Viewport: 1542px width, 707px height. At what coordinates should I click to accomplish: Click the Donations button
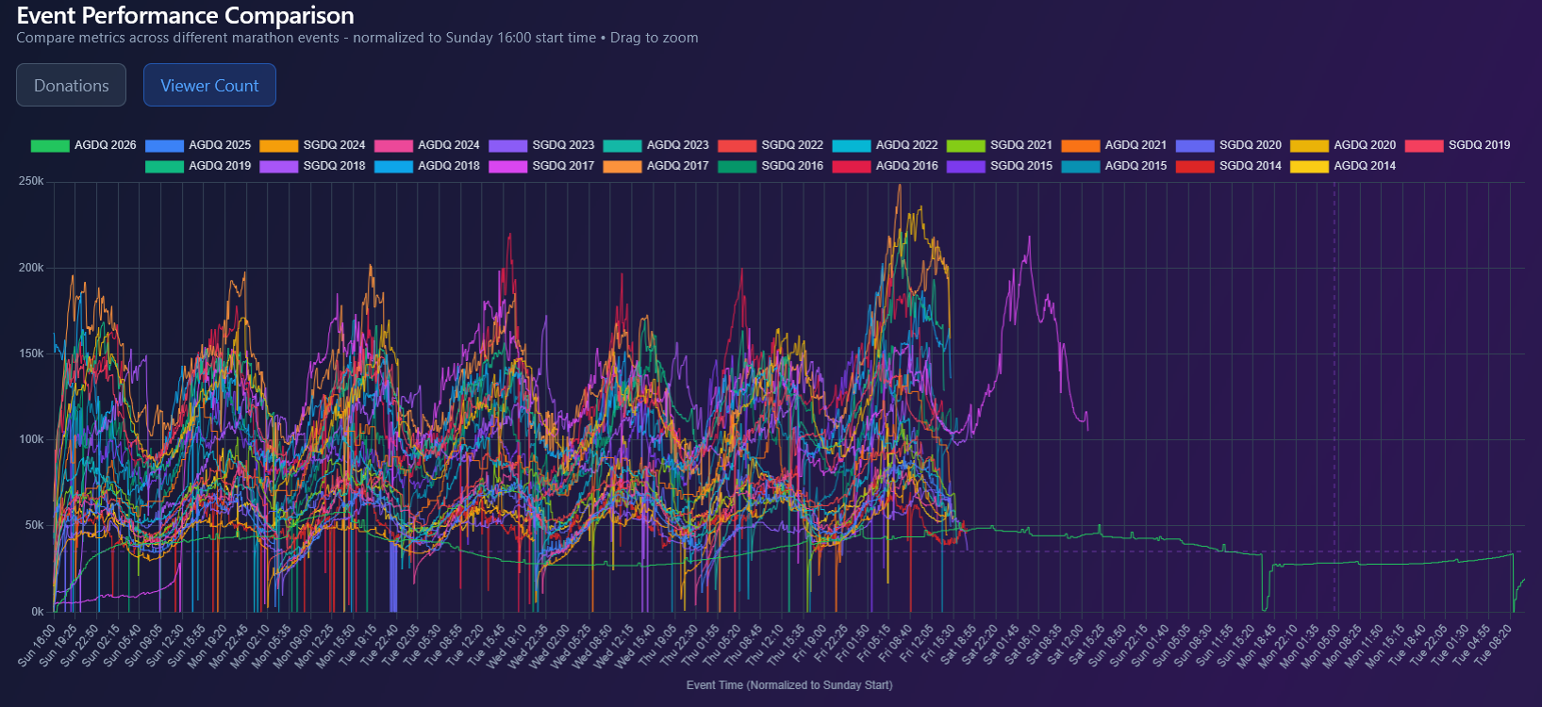pos(71,86)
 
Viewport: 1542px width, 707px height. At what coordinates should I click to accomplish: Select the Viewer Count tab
pos(209,86)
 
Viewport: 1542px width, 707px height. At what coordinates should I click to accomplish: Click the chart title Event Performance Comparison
pos(186,16)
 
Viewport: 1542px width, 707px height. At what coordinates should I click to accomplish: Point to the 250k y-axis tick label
pos(31,181)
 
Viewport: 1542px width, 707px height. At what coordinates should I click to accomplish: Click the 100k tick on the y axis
pos(31,439)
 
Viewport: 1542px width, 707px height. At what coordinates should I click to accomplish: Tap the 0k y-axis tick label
pos(37,612)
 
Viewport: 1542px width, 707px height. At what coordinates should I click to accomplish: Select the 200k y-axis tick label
pos(31,268)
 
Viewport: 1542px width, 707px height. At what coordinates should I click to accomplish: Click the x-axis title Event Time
pos(788,685)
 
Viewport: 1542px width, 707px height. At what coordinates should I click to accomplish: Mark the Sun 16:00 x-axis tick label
pos(38,645)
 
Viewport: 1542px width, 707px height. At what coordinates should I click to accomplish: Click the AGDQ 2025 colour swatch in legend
pos(164,145)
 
